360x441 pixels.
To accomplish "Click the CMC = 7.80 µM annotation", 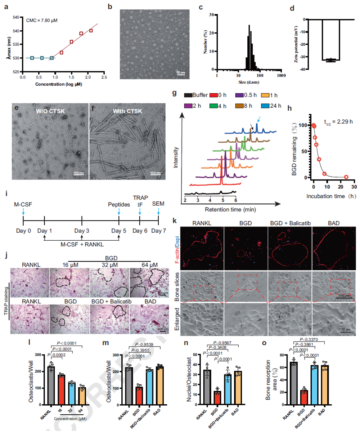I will coord(42,21).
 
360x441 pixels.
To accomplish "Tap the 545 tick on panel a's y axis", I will coord(16,17).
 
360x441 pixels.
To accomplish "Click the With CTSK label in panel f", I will coord(127,111).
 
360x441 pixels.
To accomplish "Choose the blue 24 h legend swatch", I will coord(265,106).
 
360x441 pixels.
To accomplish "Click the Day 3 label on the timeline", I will coord(82,231).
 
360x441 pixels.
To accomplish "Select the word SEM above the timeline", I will coord(158,204).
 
